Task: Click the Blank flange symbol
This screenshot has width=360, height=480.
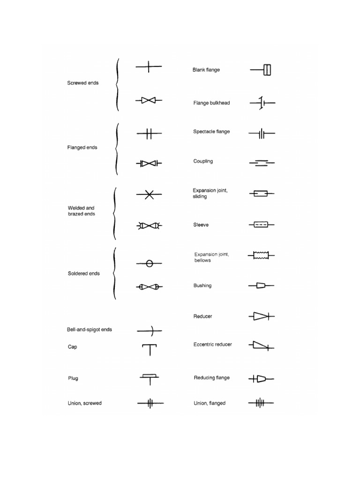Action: tap(262, 70)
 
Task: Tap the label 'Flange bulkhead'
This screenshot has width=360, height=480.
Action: tap(211, 103)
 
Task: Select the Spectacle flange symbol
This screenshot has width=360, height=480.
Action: tap(262, 135)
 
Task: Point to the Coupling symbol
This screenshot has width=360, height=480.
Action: tap(262, 163)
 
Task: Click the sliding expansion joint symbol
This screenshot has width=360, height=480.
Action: tap(261, 193)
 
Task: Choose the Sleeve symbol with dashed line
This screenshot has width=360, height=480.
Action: tap(261, 225)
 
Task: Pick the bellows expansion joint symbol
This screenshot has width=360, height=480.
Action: tap(261, 255)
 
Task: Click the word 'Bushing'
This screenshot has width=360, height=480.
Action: tap(202, 285)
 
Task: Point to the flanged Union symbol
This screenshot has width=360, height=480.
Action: tap(261, 403)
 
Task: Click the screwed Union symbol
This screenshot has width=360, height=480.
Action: tap(150, 403)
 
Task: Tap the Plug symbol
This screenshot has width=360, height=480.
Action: tap(150, 378)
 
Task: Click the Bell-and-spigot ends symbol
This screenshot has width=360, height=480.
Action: tap(150, 330)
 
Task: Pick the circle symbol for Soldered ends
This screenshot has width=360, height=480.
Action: tap(150, 264)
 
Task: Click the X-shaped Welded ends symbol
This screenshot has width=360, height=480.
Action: tap(149, 194)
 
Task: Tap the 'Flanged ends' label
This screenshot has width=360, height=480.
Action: tap(82, 148)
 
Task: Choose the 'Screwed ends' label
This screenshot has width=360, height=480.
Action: tap(83, 83)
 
